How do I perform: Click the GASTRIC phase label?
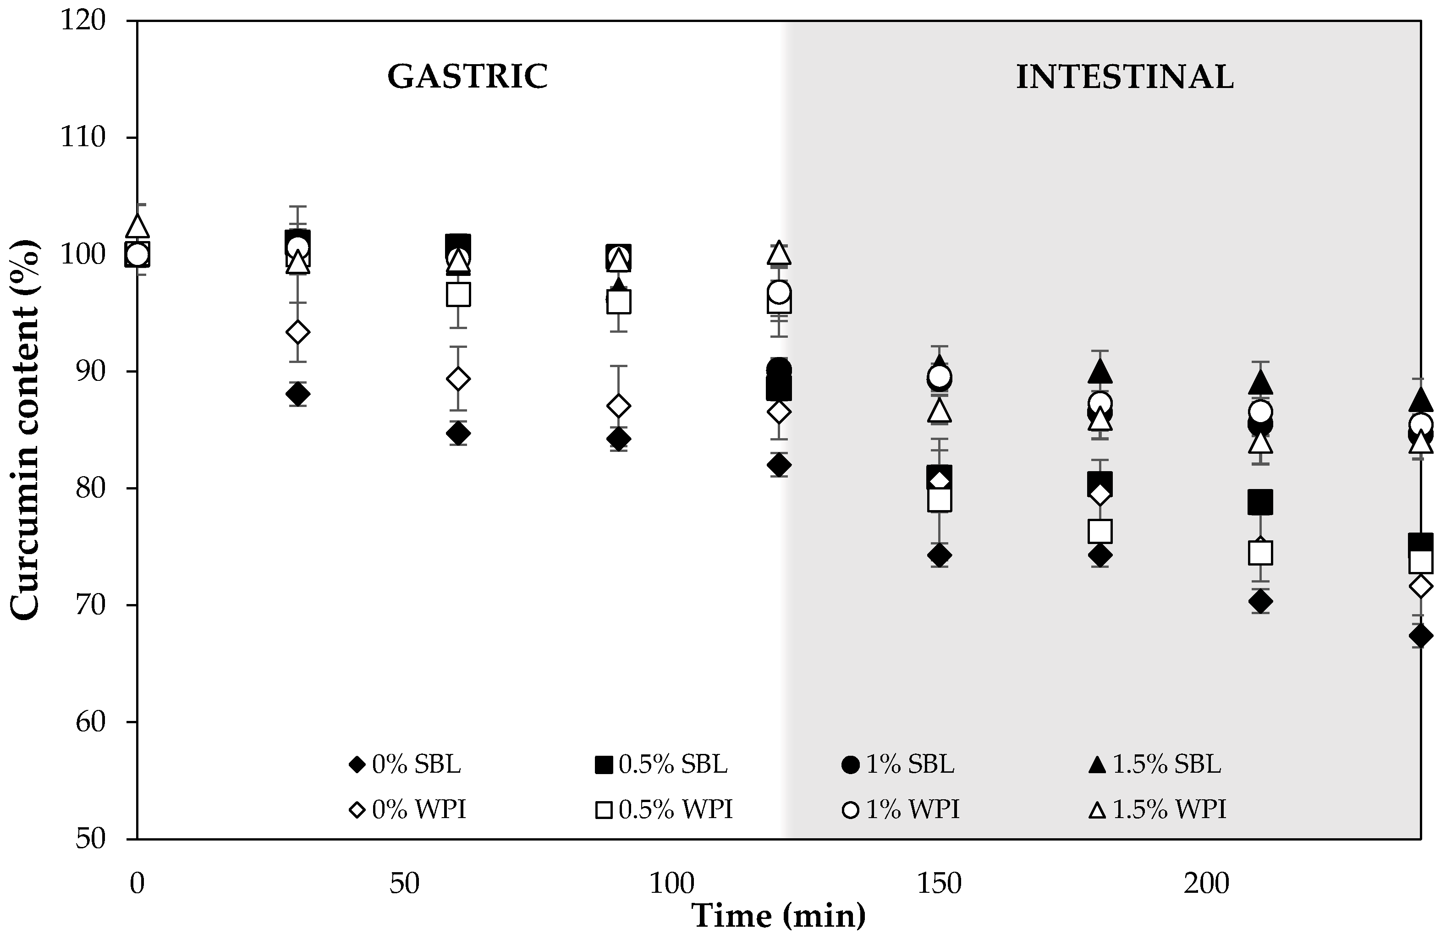point(468,77)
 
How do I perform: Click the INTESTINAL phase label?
point(1125,77)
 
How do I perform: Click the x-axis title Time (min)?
point(779,915)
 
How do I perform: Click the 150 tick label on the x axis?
point(939,884)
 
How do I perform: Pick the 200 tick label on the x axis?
point(1206,884)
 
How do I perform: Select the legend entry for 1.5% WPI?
point(1157,809)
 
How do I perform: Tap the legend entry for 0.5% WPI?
point(664,809)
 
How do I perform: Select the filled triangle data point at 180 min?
point(1100,371)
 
